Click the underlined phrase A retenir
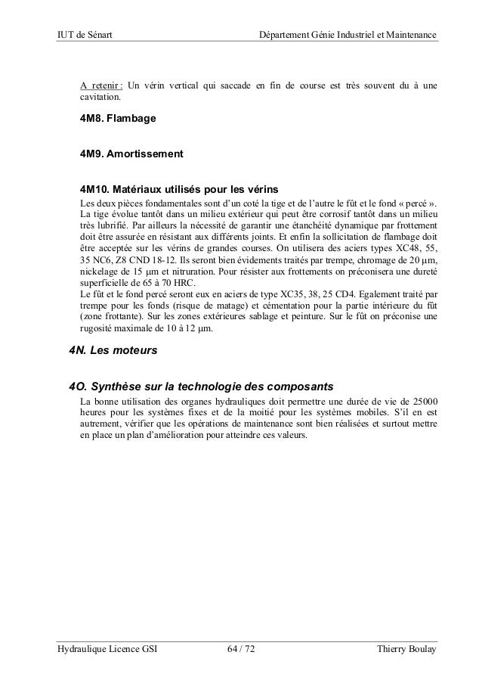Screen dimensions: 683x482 click(102, 82)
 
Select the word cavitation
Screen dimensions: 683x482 click(99, 96)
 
